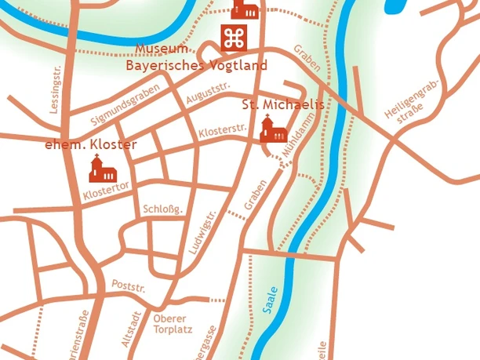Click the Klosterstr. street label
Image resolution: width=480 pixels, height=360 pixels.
pos(223,129)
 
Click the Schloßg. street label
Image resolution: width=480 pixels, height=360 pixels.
pos(163,209)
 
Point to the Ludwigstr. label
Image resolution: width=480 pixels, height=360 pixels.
pos(202,235)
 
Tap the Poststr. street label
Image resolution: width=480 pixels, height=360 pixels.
pos(129,286)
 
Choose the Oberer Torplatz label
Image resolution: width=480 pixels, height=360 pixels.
pos(170,324)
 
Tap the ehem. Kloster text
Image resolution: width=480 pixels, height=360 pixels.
pos(90,144)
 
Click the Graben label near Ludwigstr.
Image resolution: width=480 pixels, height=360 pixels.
pos(256,195)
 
